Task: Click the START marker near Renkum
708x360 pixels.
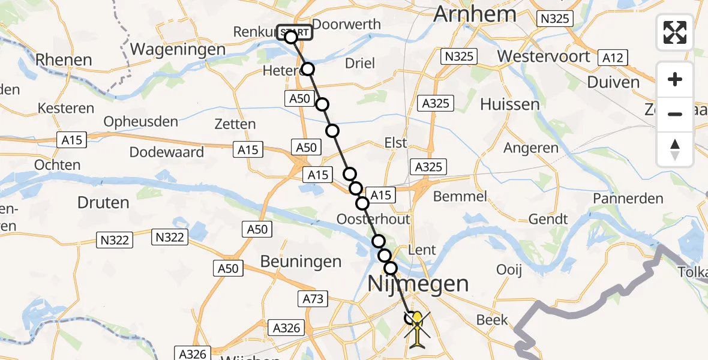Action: [295, 32]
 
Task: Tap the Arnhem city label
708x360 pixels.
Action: [475, 14]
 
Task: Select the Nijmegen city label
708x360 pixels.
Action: [418, 283]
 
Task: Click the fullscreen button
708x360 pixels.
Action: [675, 32]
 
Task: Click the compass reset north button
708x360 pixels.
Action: [675, 149]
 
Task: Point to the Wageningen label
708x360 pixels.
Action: [177, 49]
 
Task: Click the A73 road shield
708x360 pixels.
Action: [313, 298]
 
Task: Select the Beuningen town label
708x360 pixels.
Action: [301, 262]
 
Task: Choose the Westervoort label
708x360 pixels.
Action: [544, 56]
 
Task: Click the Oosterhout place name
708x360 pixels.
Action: [373, 217]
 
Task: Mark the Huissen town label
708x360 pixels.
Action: [510, 104]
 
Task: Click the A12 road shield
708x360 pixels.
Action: [613, 58]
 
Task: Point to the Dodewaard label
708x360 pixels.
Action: [167, 152]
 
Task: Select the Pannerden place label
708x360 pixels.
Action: [628, 199]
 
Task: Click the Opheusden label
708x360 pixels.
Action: [141, 122]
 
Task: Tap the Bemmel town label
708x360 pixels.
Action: [459, 197]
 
